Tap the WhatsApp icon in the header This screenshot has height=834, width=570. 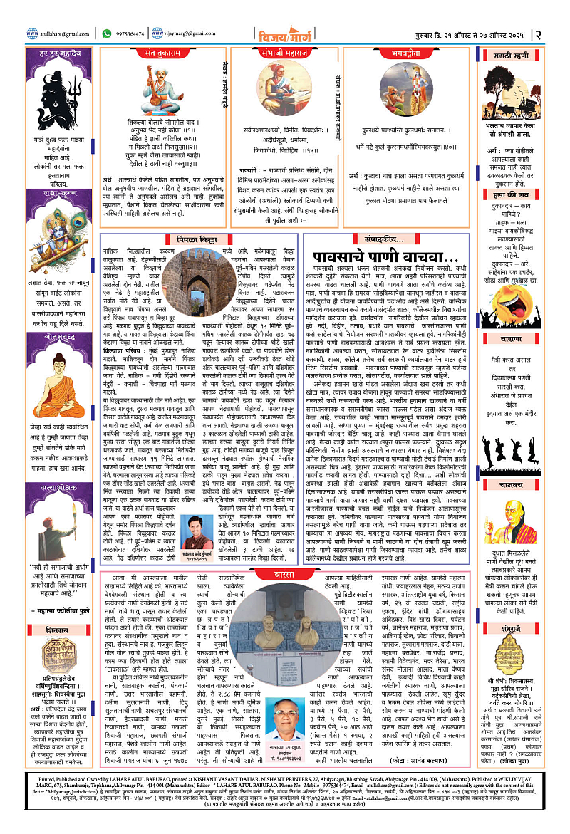point(107,33)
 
